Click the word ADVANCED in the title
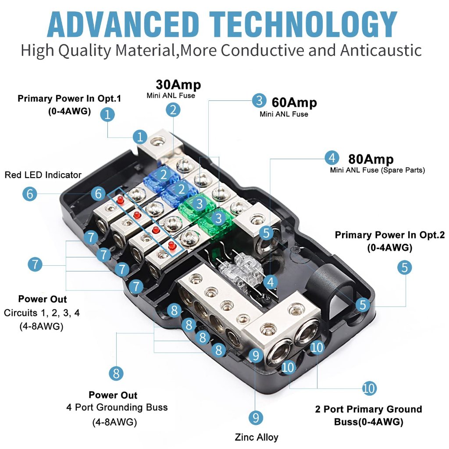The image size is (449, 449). tap(123, 25)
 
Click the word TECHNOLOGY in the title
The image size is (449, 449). tap(303, 25)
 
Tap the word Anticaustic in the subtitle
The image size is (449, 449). tap(381, 50)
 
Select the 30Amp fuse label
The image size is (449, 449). tap(178, 85)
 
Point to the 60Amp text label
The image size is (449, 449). tap(294, 103)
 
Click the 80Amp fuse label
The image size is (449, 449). tap(371, 159)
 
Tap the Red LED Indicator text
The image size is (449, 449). tap(43, 175)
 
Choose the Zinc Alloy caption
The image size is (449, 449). tap(256, 437)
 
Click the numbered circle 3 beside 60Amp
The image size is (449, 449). tap(259, 100)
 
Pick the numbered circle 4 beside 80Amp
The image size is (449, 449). tap(332, 158)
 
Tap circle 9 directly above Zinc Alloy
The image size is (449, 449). tap(256, 417)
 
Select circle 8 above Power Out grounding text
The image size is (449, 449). tap(116, 374)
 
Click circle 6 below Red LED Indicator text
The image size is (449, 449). tap(30, 194)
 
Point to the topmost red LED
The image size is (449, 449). tap(121, 200)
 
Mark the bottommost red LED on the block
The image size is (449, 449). tap(172, 245)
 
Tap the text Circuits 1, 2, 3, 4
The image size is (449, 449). tap(42, 313)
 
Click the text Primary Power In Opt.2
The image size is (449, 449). tap(390, 235)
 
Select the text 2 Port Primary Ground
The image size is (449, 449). tap(368, 409)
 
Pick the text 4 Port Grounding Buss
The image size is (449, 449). tap(117, 407)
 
